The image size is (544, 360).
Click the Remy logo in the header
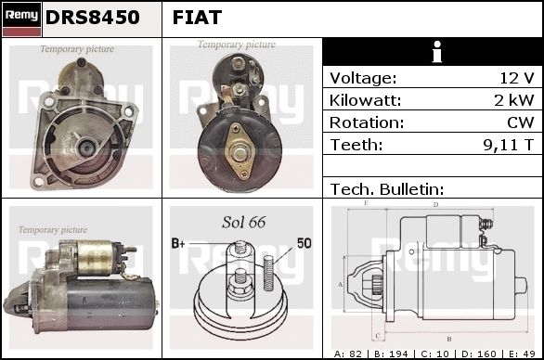pos(22,19)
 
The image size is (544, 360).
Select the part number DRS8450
pos(92,18)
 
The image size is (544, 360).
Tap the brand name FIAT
pos(197,18)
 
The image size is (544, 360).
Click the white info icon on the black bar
pos(437,52)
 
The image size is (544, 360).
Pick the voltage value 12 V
pos(516,78)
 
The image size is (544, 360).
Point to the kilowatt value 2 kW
pos(513,100)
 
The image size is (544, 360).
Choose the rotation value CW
pos(520,122)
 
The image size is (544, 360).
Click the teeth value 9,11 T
pos(509,145)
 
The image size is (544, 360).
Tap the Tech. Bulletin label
pos(387,189)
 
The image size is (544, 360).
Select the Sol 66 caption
pos(244,223)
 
